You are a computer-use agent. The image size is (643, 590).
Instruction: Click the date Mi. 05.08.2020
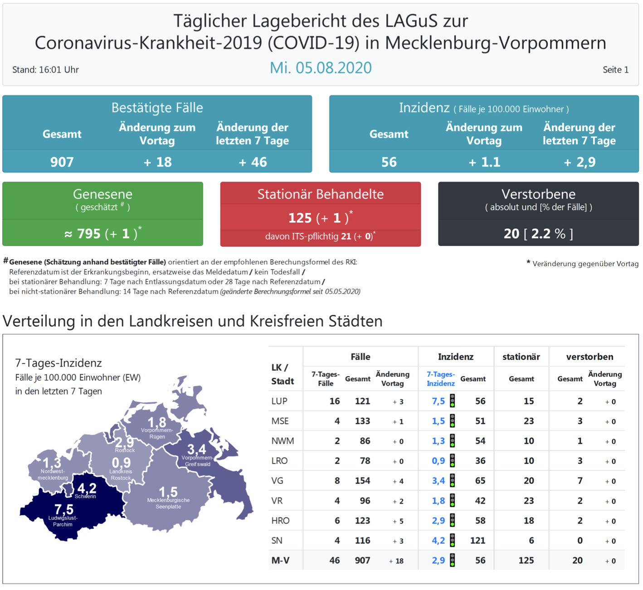(x=321, y=68)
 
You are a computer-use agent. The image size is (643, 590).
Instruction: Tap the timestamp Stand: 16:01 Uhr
(x=45, y=70)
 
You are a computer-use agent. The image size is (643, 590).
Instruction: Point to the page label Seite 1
(x=615, y=70)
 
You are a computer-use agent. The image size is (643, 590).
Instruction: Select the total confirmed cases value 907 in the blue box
(x=62, y=162)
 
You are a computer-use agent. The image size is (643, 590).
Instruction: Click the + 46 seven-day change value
(x=253, y=162)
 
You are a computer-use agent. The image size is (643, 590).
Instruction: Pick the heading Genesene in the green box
(x=102, y=194)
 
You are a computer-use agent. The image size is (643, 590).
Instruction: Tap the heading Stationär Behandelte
(x=321, y=194)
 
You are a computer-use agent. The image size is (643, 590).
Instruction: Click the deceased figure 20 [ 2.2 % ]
(x=538, y=234)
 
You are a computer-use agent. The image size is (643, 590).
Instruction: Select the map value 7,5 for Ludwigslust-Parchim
(x=64, y=509)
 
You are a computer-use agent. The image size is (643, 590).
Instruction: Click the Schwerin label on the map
(x=85, y=497)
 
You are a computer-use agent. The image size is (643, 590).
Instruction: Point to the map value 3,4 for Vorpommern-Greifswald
(x=196, y=449)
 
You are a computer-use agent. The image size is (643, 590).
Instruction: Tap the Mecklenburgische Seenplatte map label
(x=168, y=503)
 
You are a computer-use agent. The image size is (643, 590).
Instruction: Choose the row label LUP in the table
(x=279, y=401)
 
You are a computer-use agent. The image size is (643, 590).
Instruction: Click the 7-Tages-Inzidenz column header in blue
(x=440, y=379)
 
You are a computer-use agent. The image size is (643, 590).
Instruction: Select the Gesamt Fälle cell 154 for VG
(x=362, y=481)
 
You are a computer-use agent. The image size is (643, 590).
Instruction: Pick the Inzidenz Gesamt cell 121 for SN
(x=477, y=541)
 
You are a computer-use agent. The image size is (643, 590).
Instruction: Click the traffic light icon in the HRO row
(x=452, y=521)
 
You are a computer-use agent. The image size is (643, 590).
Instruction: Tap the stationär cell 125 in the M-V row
(x=526, y=561)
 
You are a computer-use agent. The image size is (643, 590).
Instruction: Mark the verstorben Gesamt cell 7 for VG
(x=580, y=481)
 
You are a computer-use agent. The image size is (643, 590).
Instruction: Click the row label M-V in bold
(x=280, y=561)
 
